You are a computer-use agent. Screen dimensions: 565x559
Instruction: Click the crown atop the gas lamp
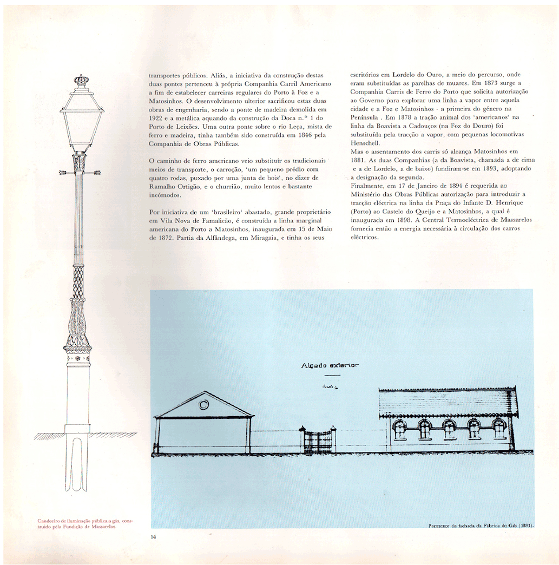point(82,81)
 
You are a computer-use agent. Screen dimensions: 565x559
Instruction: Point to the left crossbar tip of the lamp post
point(63,173)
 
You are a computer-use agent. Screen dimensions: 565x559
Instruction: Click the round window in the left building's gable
point(204,404)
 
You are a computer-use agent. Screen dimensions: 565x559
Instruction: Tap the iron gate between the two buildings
point(317,441)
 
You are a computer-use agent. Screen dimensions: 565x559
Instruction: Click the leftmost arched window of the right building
point(400,429)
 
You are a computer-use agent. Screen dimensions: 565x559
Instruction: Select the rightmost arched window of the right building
point(499,429)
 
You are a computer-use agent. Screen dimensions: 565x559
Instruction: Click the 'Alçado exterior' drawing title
point(330,366)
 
